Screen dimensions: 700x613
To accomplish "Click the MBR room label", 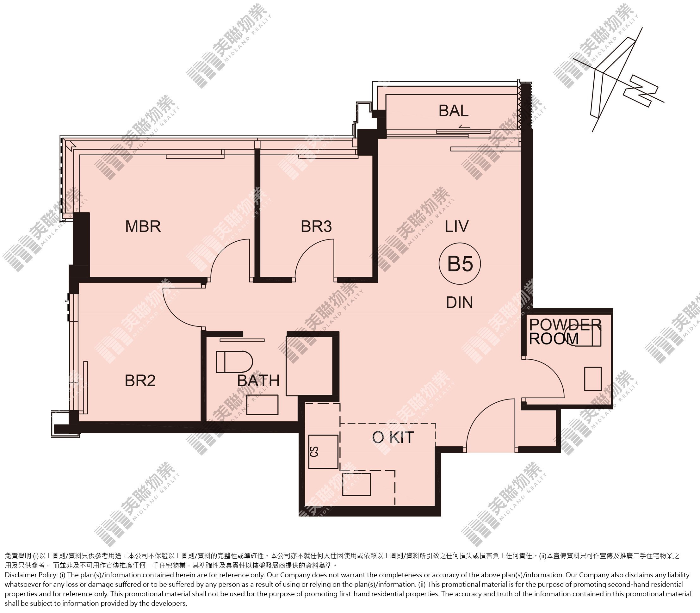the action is click(143, 226).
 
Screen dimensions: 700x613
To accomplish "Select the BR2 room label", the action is click(140, 381).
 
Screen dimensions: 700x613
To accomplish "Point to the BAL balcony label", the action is click(454, 110).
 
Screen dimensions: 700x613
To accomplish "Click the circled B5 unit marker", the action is click(460, 264).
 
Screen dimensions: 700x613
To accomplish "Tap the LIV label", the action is click(457, 226).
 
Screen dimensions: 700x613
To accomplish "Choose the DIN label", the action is click(460, 302).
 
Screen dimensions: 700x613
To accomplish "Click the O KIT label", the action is click(393, 437).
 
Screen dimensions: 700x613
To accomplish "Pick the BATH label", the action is click(258, 381).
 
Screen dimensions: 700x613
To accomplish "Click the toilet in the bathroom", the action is click(234, 362).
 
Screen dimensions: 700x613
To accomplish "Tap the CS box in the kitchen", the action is click(323, 452).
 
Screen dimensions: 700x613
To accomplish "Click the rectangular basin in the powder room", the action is click(593, 379).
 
